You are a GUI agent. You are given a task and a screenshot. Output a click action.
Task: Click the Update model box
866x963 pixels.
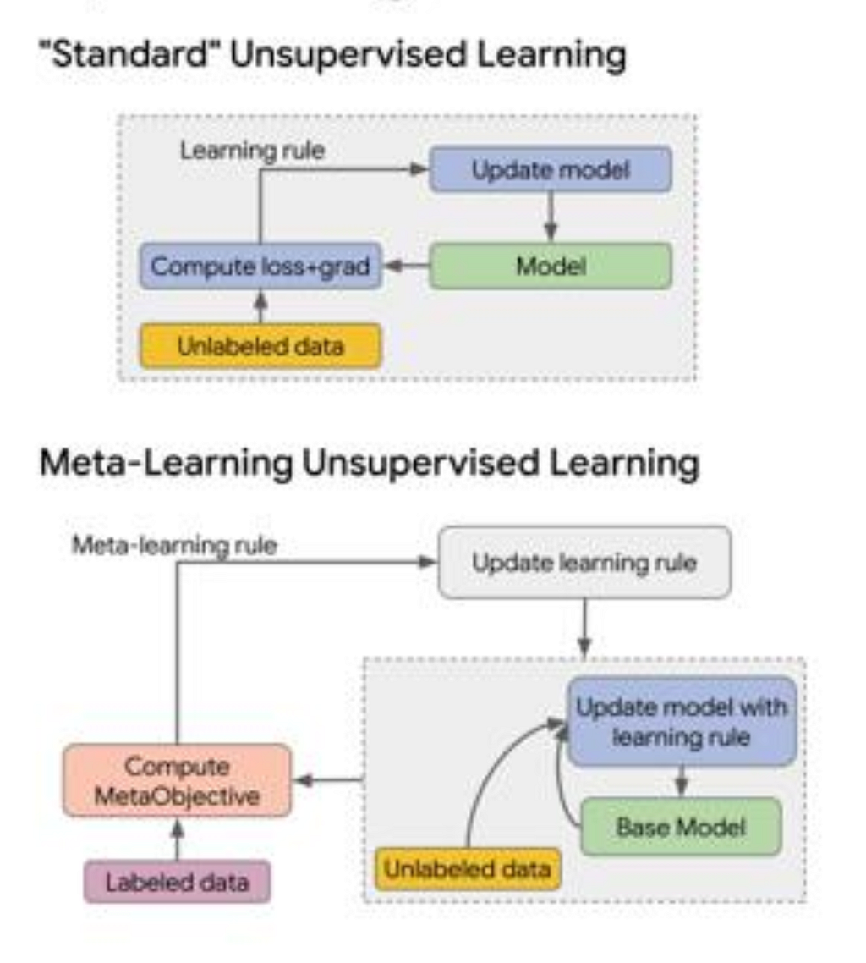551,169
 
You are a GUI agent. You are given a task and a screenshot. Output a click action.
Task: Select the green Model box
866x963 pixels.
551,266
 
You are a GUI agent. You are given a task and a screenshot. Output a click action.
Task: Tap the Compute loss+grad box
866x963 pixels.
260,266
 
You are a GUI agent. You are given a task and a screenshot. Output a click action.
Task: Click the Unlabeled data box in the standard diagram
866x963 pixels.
260,346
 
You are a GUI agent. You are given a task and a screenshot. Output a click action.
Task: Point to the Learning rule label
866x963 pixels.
252,151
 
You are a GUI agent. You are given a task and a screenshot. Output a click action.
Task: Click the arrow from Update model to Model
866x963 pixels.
551,217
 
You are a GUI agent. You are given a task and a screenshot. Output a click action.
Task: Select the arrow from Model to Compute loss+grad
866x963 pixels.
406,266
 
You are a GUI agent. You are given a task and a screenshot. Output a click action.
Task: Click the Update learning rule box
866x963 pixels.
584,562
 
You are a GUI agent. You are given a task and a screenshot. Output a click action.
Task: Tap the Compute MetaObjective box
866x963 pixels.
177,780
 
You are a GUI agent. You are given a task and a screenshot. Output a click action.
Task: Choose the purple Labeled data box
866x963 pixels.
177,882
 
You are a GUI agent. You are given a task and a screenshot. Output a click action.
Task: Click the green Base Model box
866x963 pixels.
681,827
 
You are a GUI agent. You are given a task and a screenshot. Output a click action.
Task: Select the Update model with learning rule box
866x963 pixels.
682,722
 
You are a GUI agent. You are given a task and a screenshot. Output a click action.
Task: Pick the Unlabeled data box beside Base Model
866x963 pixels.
468,869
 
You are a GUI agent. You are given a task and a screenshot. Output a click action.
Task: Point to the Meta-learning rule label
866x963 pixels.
175,545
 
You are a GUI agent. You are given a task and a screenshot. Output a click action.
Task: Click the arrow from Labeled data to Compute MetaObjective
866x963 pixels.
177,839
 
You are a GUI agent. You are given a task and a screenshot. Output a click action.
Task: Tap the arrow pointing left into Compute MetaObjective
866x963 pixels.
328,780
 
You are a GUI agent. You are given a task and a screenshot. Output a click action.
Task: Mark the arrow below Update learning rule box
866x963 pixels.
584,628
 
